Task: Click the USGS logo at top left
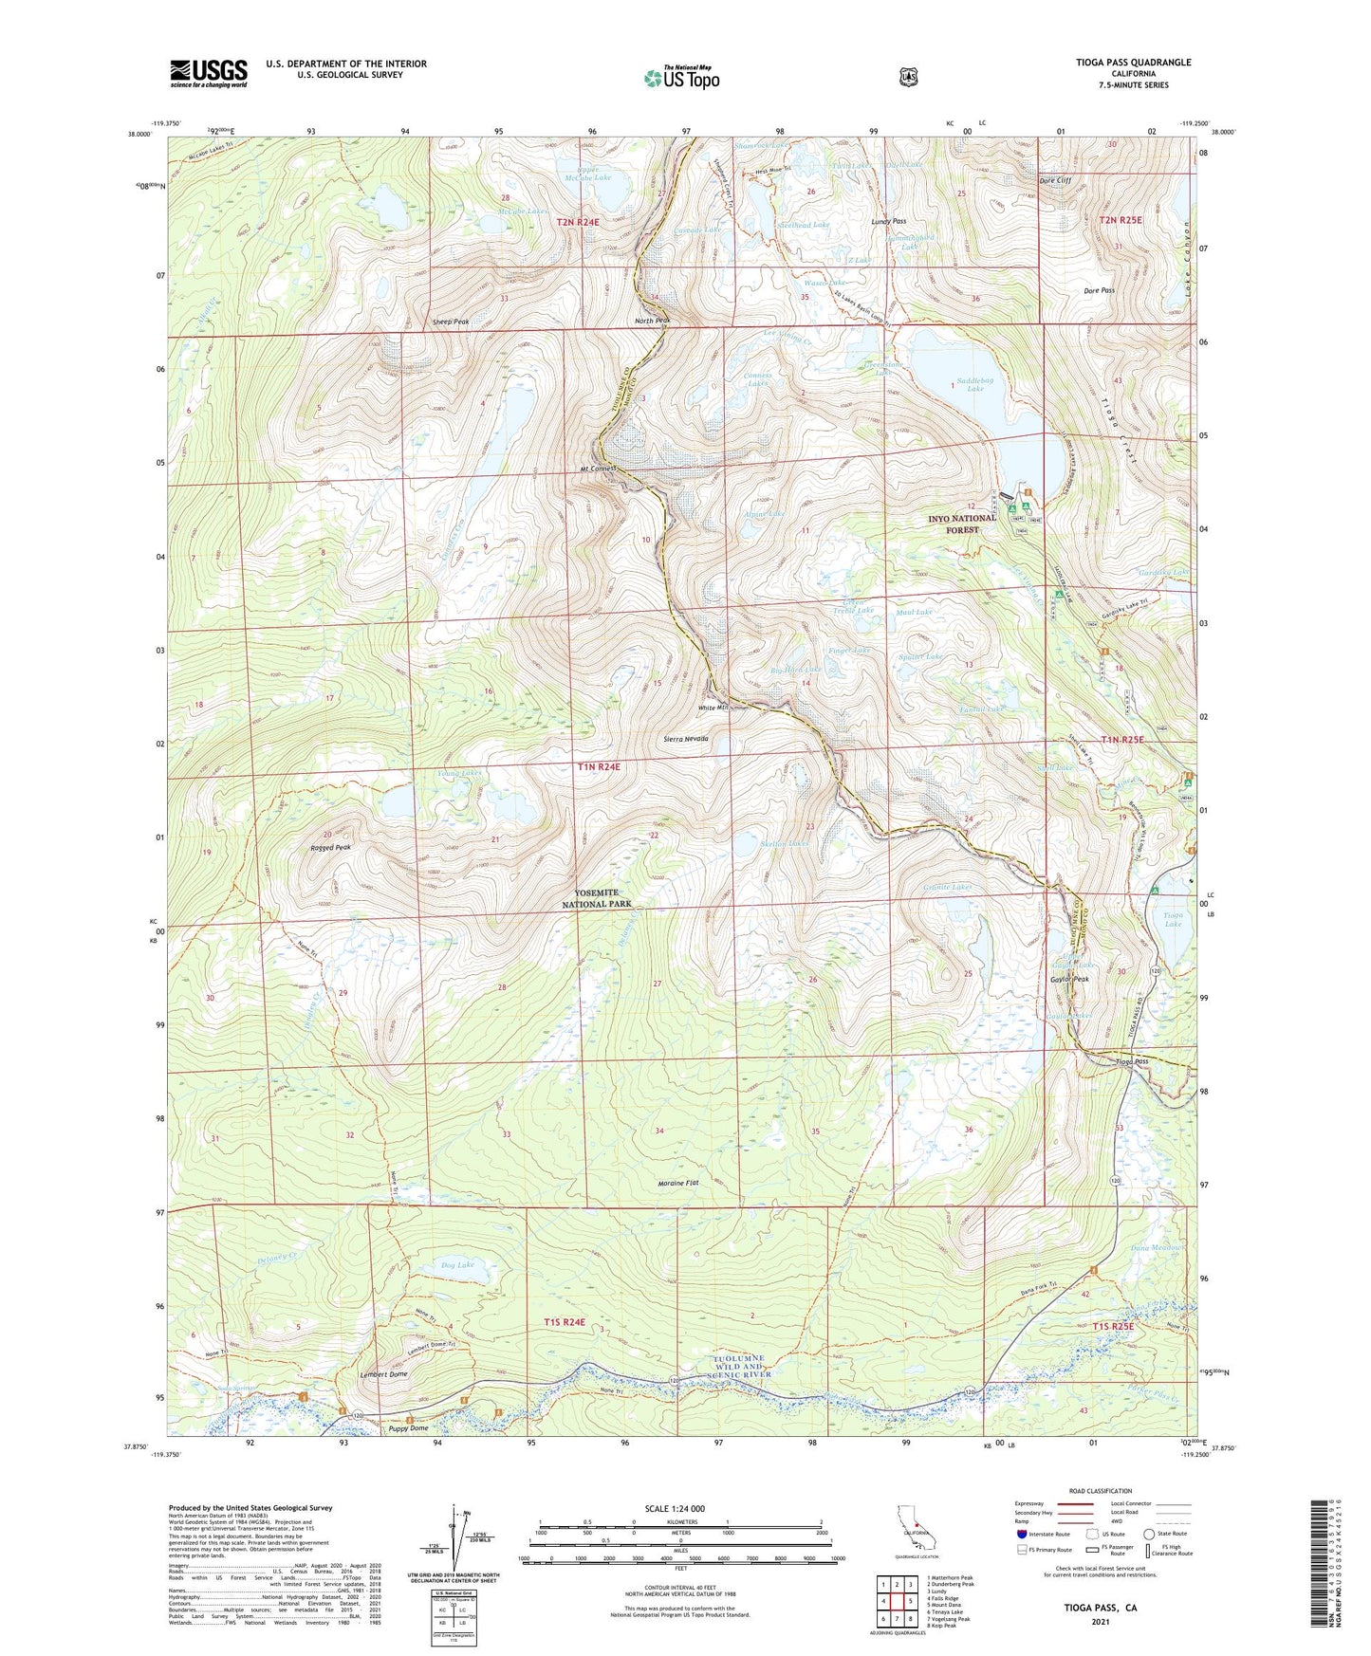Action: (x=208, y=73)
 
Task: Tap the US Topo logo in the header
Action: (x=681, y=78)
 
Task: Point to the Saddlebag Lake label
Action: (x=974, y=384)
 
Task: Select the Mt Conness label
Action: (x=599, y=469)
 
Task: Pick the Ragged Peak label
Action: (x=329, y=847)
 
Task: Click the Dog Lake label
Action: (x=457, y=1264)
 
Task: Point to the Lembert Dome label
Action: (x=383, y=1374)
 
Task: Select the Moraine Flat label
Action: (x=678, y=1184)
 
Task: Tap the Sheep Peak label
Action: (x=450, y=322)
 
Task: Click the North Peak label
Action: (x=653, y=321)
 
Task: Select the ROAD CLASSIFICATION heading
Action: (x=1100, y=1491)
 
